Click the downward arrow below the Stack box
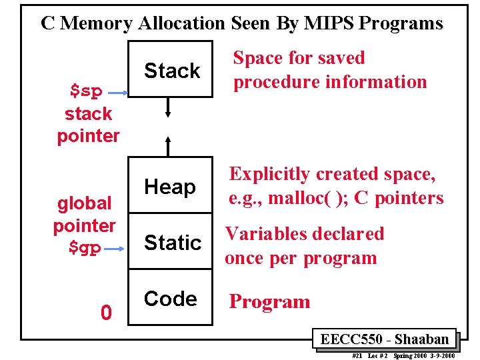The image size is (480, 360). pyautogui.click(x=169, y=105)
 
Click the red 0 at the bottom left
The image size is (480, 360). pyautogui.click(x=105, y=312)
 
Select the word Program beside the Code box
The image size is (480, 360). pyautogui.click(x=269, y=302)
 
